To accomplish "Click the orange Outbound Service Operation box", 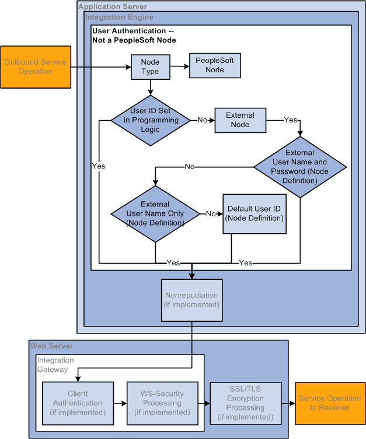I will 36,67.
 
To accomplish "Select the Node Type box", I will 150,67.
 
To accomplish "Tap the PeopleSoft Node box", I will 214,65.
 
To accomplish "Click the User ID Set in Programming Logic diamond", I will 150,121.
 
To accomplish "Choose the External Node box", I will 240,120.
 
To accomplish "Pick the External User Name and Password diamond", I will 299,167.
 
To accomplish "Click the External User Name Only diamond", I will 155,214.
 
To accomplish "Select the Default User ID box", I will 254,214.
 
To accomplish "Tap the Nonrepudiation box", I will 191,300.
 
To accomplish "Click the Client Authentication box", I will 78,403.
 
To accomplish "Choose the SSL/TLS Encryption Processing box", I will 245,403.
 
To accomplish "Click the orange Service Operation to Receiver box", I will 330,403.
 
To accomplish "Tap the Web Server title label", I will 51,346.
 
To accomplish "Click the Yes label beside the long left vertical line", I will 99,166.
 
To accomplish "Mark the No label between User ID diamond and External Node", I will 202,120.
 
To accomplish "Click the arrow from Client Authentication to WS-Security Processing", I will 120,403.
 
